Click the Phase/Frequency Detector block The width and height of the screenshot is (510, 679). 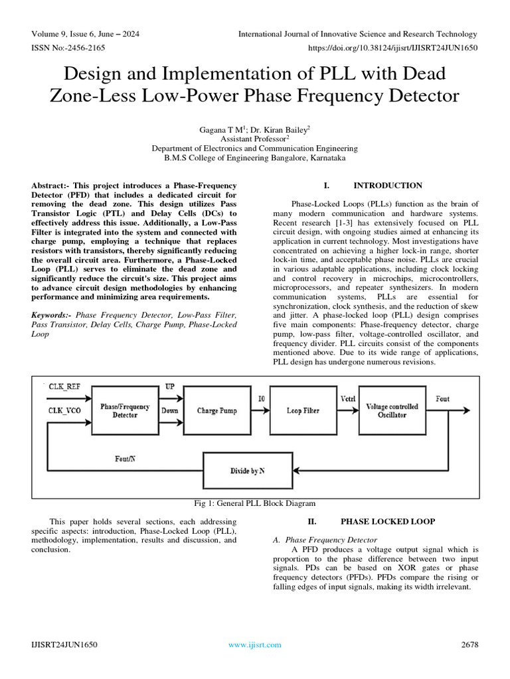pos(125,410)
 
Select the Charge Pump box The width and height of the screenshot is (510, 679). pos(216,410)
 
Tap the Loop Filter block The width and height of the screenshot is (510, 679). pos(303,410)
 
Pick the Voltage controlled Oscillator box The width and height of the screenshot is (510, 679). pos(392,410)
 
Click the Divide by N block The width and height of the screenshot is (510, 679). pos(246,470)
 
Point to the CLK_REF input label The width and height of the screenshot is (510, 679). pos(66,385)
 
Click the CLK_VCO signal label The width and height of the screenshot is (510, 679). pos(65,410)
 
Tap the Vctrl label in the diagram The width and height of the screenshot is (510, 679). pos(348,399)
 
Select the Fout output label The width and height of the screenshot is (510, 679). pos(442,399)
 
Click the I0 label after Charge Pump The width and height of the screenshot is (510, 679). pos(261,399)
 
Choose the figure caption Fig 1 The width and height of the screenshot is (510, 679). pos(254,503)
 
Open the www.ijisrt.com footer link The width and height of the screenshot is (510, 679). pos(254,645)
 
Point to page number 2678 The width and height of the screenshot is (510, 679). pos(469,645)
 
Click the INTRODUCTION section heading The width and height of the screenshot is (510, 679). pos(387,186)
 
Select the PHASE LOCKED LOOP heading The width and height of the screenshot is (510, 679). pos(387,522)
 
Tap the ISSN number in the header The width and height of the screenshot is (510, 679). pos(68,48)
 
